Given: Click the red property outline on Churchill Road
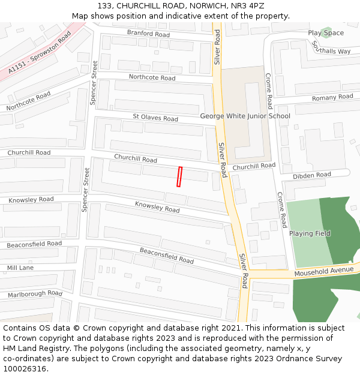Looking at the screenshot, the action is [179, 177].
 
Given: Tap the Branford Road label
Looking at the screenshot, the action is [148, 34].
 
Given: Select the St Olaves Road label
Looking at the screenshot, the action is [155, 118].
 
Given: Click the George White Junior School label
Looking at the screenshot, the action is [245, 116].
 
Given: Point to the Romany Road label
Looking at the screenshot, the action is [332, 97].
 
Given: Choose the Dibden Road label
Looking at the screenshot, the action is [311, 175].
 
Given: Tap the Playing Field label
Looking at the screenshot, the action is [310, 233].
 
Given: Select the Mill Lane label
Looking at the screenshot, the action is [20, 268].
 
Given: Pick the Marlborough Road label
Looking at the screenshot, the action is [35, 294].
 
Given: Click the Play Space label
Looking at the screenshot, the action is [326, 33].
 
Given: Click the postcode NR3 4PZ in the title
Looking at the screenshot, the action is [248, 5].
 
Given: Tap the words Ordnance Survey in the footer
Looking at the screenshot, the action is [313, 359].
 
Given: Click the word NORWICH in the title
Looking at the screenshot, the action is [204, 5].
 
